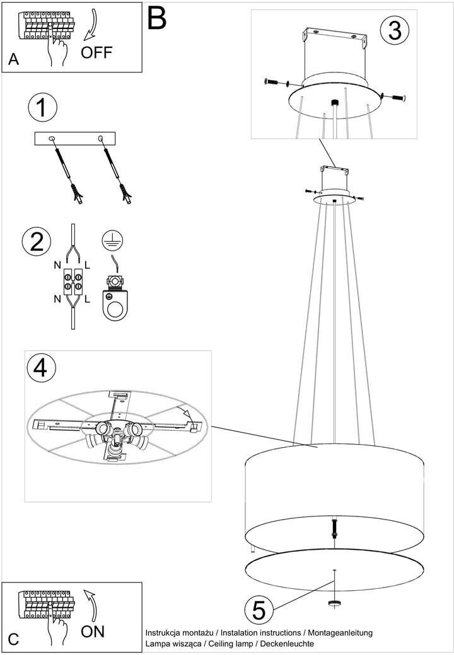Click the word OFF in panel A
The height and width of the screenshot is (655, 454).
pyautogui.click(x=96, y=53)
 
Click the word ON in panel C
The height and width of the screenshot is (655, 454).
pyautogui.click(x=93, y=631)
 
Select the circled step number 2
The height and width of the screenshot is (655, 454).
pyautogui.click(x=37, y=241)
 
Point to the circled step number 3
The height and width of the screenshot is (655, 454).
pyautogui.click(x=395, y=30)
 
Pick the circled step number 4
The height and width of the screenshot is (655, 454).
pyautogui.click(x=40, y=368)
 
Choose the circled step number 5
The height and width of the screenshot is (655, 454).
pyautogui.click(x=259, y=610)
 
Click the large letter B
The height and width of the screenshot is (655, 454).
pyautogui.click(x=157, y=18)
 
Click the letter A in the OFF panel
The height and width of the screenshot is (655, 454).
pyautogui.click(x=13, y=59)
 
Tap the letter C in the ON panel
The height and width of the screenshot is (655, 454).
pyautogui.click(x=13, y=639)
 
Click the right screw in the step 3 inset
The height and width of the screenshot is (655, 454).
pyautogui.click(x=393, y=98)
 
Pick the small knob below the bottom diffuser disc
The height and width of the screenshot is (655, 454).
pyautogui.click(x=334, y=603)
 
